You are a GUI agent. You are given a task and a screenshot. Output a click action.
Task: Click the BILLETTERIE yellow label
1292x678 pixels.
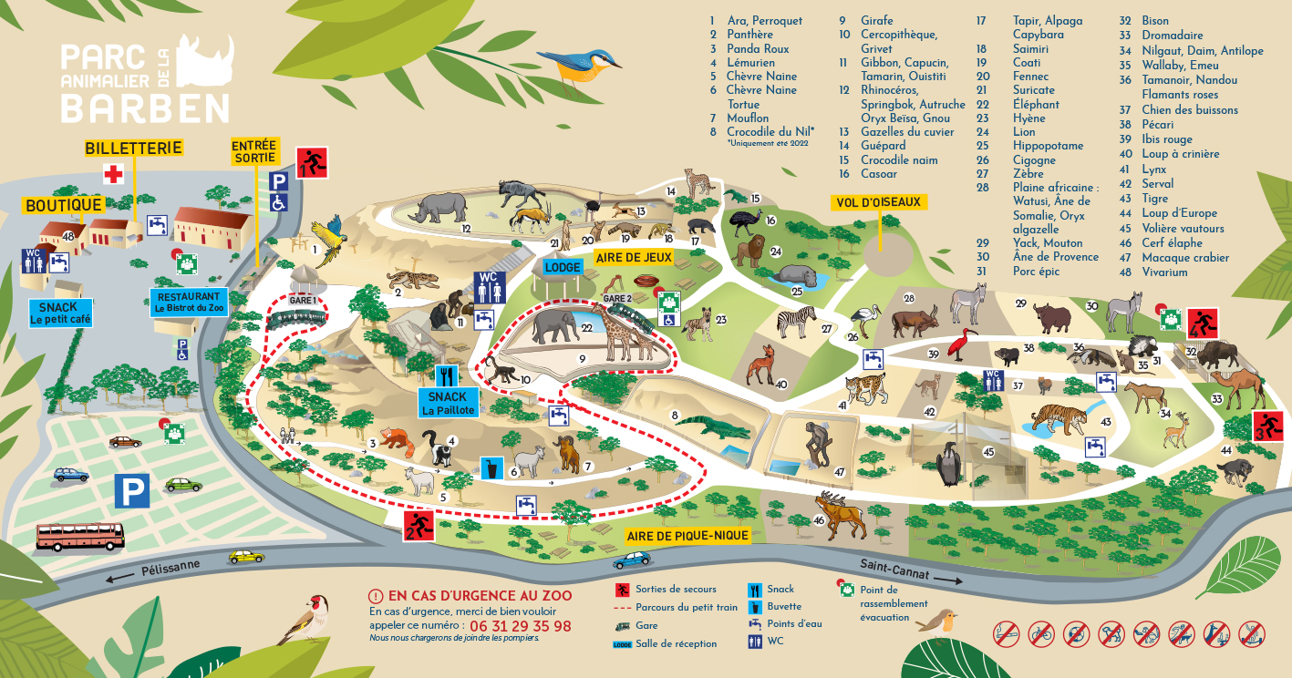134,148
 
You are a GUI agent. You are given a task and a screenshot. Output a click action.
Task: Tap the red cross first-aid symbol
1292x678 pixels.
113,174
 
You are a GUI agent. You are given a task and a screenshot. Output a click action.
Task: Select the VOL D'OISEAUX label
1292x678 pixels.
877,202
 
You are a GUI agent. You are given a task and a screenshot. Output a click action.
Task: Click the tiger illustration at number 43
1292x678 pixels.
1058,416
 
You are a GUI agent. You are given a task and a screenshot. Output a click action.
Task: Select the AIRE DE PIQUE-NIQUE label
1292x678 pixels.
687,536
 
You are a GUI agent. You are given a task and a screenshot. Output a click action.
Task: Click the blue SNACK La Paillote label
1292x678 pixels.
447,403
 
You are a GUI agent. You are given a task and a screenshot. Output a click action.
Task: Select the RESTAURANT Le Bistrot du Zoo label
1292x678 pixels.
189,303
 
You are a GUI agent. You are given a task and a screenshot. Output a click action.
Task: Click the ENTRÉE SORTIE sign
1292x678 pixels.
253,151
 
